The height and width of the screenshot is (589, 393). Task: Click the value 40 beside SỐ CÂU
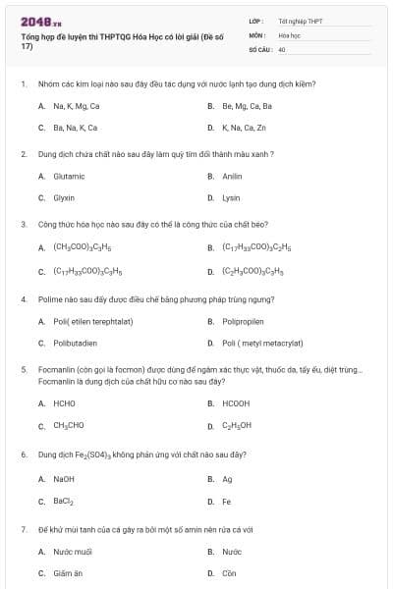282,48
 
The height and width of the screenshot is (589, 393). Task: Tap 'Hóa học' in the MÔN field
289,34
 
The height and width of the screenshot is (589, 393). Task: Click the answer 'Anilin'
232,176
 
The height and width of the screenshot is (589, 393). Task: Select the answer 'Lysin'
231,197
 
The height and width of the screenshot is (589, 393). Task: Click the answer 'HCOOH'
236,403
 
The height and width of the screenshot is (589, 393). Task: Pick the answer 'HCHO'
64,403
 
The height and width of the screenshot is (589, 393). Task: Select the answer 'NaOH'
64,479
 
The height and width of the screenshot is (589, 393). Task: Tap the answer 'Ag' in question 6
227,479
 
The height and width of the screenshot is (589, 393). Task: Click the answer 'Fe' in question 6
227,502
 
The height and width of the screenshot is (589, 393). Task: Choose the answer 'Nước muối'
72,552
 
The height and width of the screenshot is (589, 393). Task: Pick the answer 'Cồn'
229,573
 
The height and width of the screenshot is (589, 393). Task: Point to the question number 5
23,370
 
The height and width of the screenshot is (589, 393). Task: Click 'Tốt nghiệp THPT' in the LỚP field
299,20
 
